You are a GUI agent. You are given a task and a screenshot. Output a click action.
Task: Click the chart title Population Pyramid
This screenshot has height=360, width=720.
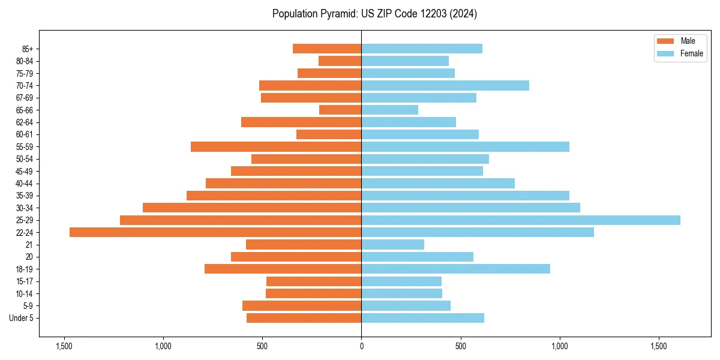point(374,14)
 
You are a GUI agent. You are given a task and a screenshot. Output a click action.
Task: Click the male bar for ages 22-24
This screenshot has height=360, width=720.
point(215,232)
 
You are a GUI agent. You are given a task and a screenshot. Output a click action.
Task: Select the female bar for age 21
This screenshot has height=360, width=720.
point(392,245)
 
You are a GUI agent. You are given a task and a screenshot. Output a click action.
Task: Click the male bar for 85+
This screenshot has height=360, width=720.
point(327,49)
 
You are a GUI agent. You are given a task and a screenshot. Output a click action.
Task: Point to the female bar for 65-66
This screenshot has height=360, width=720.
point(389,110)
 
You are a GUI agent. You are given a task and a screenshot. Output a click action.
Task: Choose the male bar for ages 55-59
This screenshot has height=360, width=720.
point(276,147)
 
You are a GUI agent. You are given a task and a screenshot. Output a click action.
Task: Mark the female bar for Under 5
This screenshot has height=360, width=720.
point(422,318)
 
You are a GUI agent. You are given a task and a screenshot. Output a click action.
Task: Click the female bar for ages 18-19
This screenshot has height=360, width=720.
point(455,269)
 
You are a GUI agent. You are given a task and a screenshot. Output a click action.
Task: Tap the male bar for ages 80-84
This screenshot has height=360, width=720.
point(340,61)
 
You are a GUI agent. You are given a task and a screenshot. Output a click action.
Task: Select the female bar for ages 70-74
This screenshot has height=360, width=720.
point(445,86)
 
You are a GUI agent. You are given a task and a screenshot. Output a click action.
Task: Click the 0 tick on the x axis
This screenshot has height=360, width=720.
point(361,346)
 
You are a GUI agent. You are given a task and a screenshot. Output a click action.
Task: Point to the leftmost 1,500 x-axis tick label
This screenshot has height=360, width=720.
point(64,346)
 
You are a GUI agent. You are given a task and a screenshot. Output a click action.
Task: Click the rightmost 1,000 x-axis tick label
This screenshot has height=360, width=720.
point(559,346)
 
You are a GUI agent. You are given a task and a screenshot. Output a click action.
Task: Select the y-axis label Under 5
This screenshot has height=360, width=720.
point(22,318)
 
